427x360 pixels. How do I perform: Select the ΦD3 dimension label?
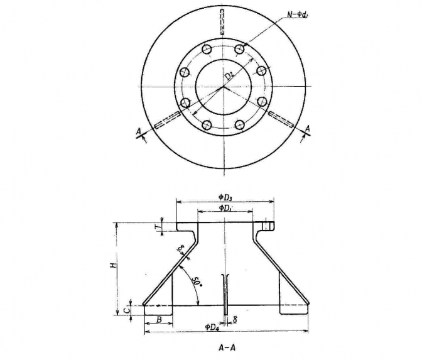point(225,197)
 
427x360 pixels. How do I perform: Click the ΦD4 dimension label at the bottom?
point(212,327)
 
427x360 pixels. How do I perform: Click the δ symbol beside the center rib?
point(234,320)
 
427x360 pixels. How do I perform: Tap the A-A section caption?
point(225,346)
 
